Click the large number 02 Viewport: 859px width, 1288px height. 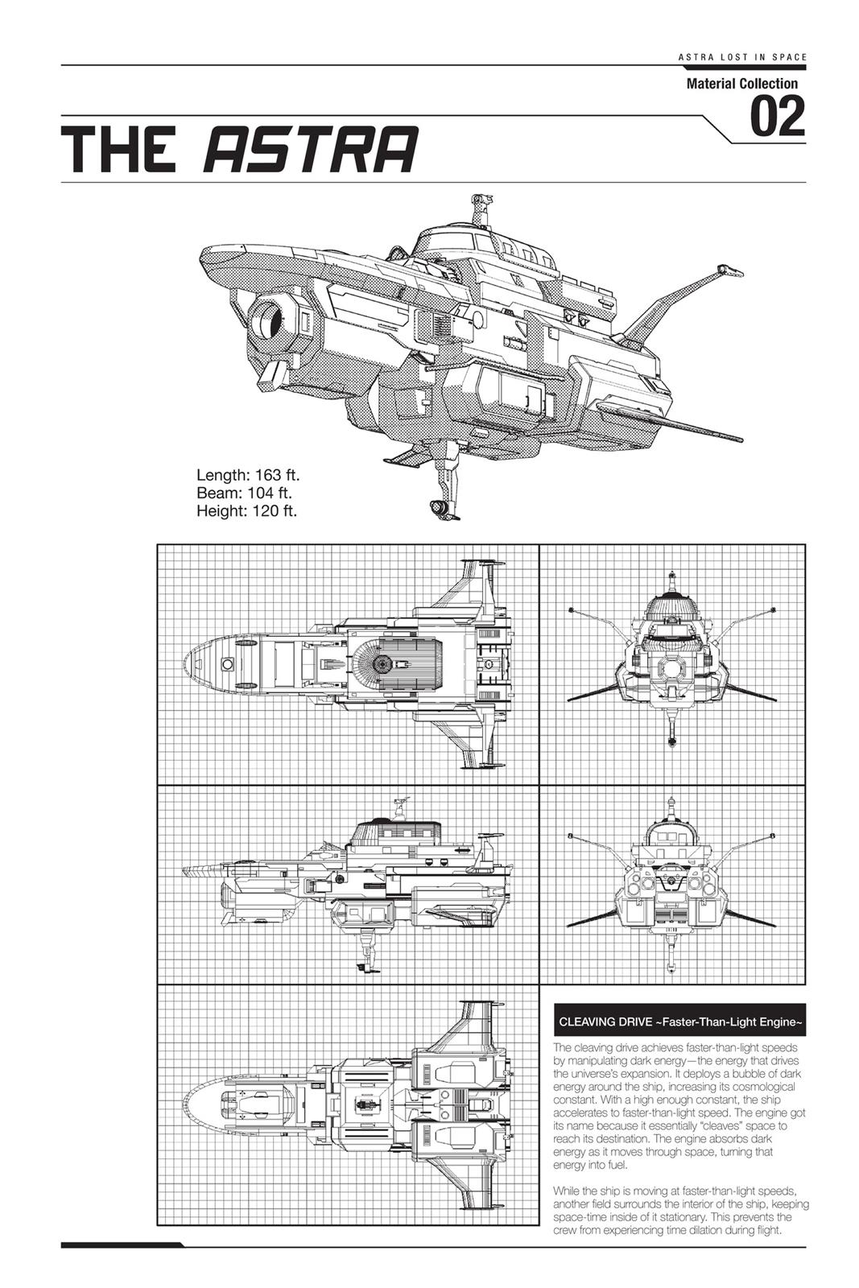(777, 117)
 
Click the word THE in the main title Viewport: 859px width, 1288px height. (120, 150)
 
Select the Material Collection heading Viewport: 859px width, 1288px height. (741, 84)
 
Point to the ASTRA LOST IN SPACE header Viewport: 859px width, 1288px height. (741, 57)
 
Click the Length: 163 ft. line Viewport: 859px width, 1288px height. (248, 475)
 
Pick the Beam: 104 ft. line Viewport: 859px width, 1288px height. (244, 493)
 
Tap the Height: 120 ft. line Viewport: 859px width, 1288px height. (247, 510)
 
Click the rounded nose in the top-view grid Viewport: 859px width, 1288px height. (201, 664)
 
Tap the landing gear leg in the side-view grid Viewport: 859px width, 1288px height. (370, 950)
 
